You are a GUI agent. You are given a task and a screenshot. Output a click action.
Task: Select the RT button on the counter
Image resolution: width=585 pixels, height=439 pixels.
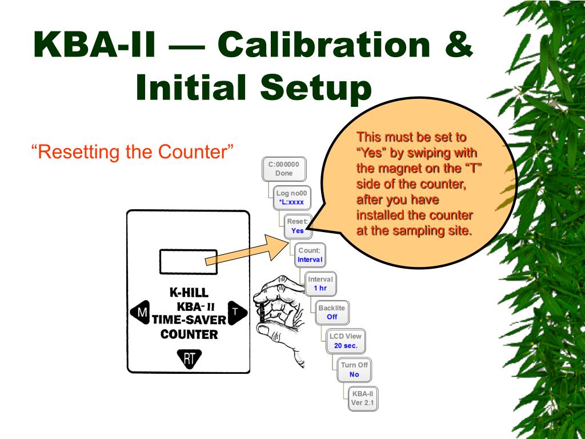coord(189,358)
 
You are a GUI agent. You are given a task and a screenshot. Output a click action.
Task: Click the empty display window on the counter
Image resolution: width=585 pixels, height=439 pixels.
coord(189,262)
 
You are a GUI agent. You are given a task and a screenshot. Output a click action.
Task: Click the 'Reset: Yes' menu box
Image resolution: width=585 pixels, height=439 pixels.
coord(298,226)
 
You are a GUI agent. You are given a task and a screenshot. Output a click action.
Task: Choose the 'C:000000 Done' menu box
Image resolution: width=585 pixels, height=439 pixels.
coord(283,169)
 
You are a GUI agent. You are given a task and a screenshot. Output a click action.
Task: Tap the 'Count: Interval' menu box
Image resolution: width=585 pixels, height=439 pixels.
coord(310,255)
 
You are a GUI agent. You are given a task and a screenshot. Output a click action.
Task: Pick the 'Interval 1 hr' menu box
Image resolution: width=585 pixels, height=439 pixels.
coord(320,284)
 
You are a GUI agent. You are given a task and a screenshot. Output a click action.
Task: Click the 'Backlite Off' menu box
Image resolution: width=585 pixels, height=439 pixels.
coord(332,312)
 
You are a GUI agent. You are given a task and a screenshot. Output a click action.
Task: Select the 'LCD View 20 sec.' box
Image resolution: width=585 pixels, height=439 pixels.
coord(346,341)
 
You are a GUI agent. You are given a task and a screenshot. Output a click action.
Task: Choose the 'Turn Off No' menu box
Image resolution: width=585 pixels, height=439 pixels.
coord(354,369)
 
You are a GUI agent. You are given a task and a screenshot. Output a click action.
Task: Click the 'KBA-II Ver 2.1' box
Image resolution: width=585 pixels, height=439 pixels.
coord(363,398)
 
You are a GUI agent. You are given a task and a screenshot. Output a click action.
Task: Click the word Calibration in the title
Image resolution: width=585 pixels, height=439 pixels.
coord(326,46)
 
